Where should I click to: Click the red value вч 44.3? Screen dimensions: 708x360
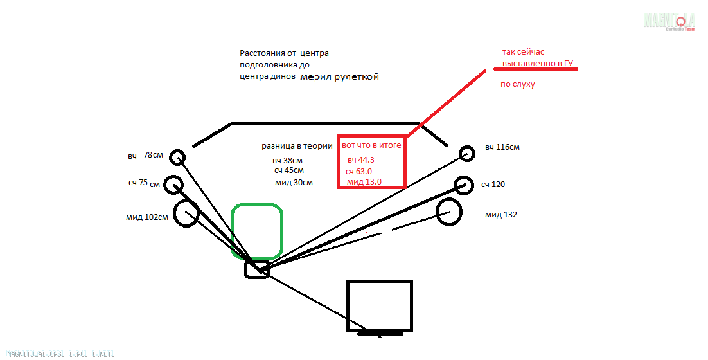tap(361, 160)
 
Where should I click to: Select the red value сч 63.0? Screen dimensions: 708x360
tap(358, 171)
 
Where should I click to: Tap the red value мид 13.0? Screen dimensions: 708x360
tap(364, 182)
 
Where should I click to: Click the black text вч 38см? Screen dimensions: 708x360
tap(287, 161)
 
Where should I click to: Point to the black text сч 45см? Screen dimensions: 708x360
tap(289, 171)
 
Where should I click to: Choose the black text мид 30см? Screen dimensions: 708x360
tap(294, 183)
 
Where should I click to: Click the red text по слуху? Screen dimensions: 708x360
tap(517, 84)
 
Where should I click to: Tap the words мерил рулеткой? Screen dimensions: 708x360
tap(340, 76)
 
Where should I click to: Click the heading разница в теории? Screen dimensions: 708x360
tap(297, 146)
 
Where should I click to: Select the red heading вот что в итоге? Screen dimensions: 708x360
tap(371, 145)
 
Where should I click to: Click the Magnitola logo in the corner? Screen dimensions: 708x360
tap(669, 21)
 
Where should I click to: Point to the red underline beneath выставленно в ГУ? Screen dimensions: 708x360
tap(536, 69)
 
